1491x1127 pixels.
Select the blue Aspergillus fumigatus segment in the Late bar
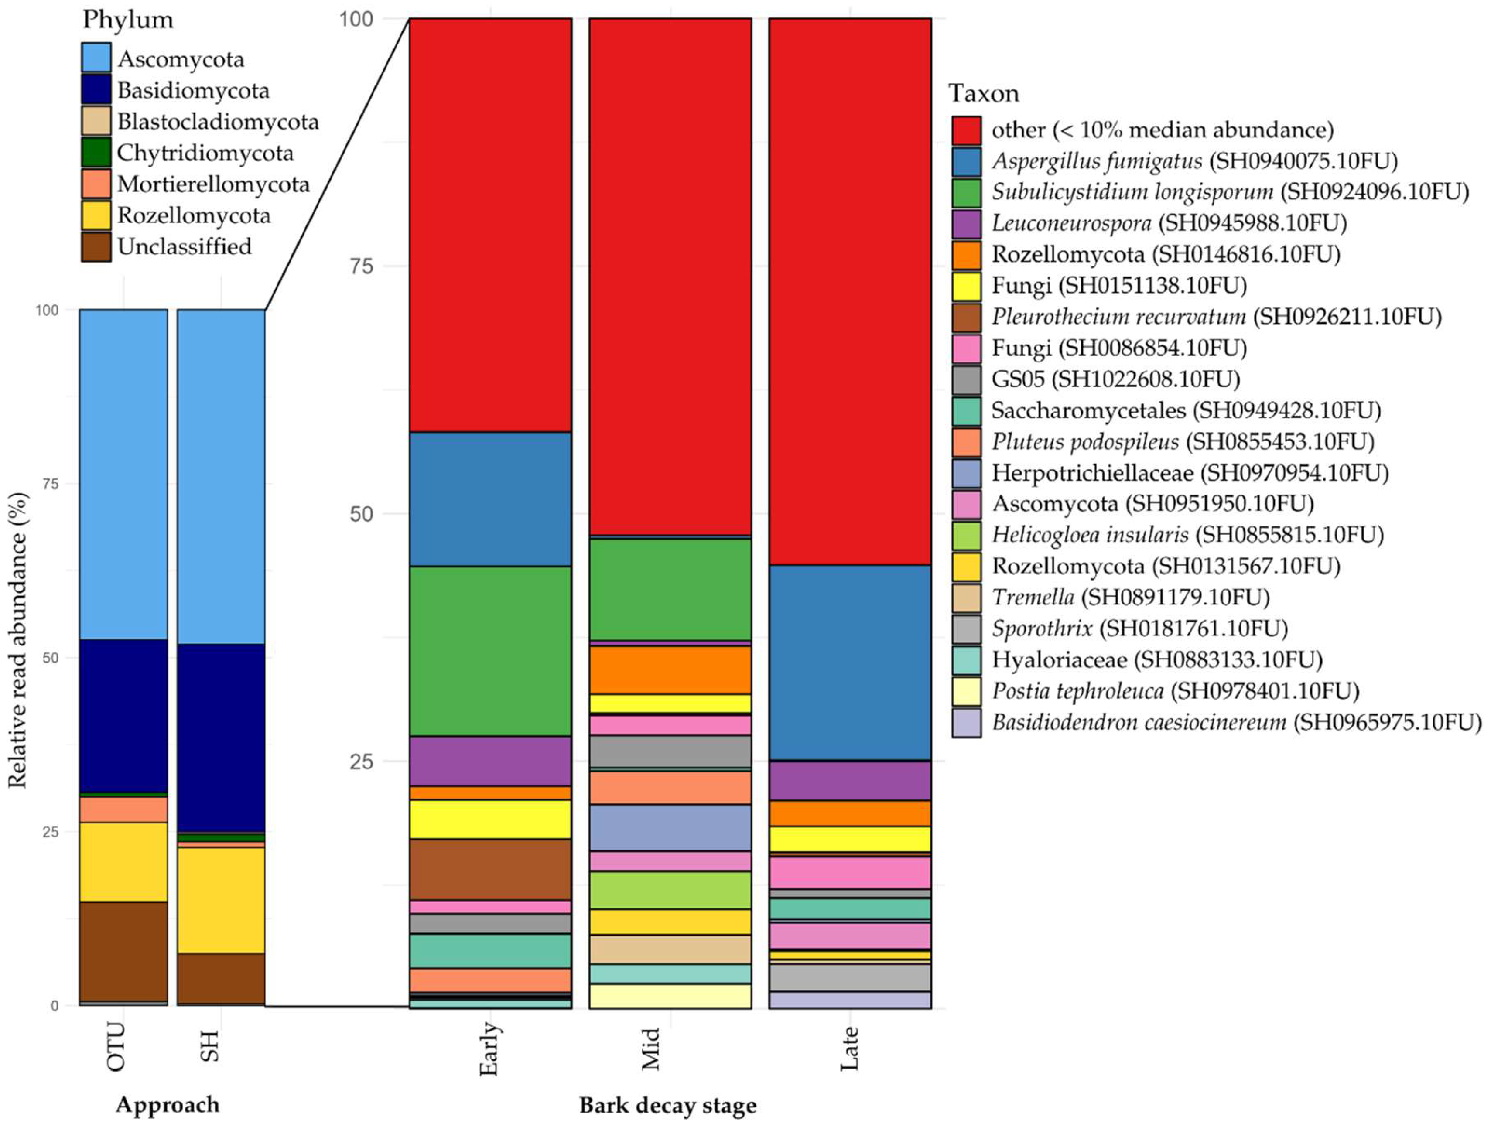pos(850,662)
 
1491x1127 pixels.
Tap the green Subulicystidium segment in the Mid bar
pos(670,589)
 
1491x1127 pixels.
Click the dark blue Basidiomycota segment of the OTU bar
pos(123,715)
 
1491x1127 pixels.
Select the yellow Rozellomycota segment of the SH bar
pos(221,900)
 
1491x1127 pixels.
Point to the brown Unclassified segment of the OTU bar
pos(123,951)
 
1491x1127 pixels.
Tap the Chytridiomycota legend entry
pos(205,153)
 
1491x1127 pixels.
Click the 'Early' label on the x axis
pos(490,1049)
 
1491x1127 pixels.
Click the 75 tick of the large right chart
pos(361,266)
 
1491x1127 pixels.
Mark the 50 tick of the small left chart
pos(51,657)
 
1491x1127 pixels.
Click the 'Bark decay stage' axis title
pos(667,1106)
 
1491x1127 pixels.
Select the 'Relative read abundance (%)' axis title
pos(17,640)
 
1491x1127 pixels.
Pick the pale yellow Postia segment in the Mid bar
pos(670,996)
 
